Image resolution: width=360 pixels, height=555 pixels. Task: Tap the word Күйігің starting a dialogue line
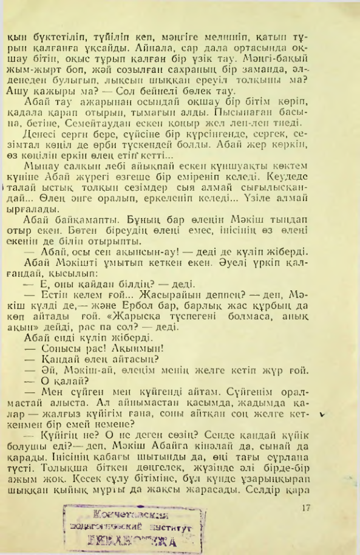coord(57,427)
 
